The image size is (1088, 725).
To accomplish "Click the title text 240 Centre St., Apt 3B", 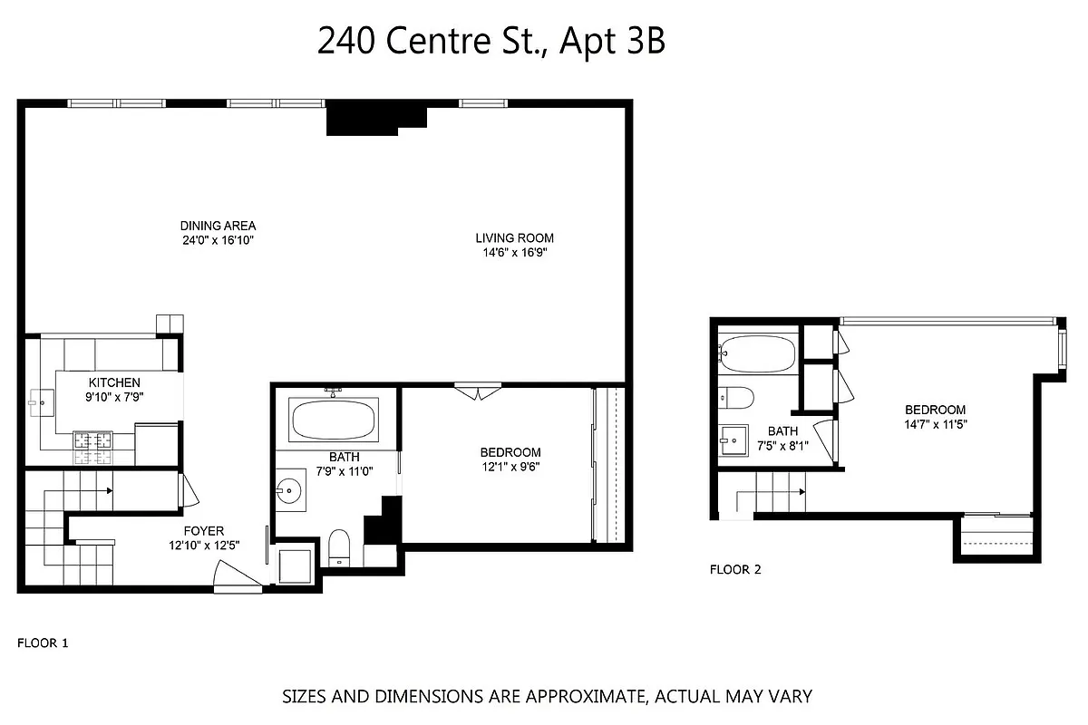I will tap(491, 42).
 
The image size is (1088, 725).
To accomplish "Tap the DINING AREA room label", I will tap(218, 226).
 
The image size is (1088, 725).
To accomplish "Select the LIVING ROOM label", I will tap(514, 238).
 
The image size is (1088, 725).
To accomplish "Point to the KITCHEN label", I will tap(114, 382).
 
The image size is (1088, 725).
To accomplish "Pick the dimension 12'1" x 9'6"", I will tap(510, 467).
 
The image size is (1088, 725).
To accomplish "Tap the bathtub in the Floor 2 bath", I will tap(757, 352).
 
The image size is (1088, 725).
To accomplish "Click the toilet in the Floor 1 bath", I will tap(339, 546).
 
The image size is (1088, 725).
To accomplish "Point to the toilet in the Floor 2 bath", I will tap(735, 397).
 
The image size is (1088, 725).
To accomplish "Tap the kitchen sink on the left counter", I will tap(40, 400).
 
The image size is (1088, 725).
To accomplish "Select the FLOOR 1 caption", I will tap(43, 643).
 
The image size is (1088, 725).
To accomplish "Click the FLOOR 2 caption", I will tap(735, 570).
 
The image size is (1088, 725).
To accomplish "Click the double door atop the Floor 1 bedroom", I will tap(478, 391).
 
